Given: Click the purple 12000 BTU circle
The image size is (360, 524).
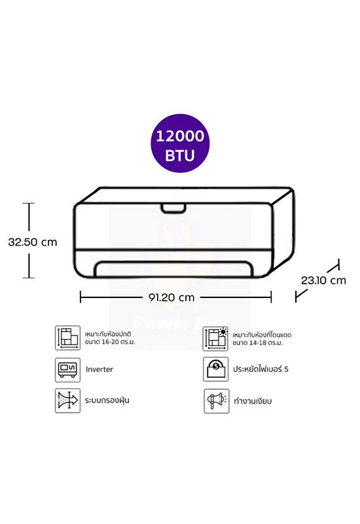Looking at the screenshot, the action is click(x=180, y=143).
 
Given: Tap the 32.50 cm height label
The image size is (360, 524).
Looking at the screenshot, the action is click(x=33, y=242).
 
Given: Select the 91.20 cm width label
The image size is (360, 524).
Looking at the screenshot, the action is click(x=171, y=297).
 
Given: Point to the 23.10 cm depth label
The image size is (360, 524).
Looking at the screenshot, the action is click(x=323, y=280).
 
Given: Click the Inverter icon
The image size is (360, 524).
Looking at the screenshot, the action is click(x=67, y=369).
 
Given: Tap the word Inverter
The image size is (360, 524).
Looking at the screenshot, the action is click(x=99, y=369).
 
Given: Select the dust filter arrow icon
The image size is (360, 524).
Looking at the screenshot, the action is click(x=67, y=400).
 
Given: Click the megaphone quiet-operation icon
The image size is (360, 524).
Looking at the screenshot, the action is click(x=217, y=401).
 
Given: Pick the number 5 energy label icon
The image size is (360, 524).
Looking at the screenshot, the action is click(x=216, y=369).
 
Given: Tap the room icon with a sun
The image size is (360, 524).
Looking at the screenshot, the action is click(x=215, y=339).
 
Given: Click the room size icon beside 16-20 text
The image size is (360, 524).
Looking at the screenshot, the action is click(x=67, y=338).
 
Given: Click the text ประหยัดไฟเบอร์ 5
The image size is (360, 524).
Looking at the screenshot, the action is click(x=261, y=369).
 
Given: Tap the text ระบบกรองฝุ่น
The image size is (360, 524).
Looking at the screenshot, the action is click(x=107, y=400).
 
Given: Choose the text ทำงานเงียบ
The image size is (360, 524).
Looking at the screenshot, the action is click(x=253, y=401).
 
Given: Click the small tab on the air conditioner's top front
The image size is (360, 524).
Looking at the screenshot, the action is click(x=173, y=208).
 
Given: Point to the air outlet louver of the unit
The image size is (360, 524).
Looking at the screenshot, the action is click(x=173, y=269).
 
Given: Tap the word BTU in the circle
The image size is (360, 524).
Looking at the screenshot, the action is click(x=179, y=155).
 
